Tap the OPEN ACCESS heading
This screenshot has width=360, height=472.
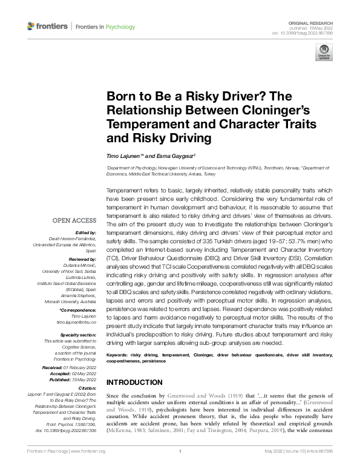tap(74, 220)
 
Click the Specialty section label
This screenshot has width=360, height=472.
tap(79, 334)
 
